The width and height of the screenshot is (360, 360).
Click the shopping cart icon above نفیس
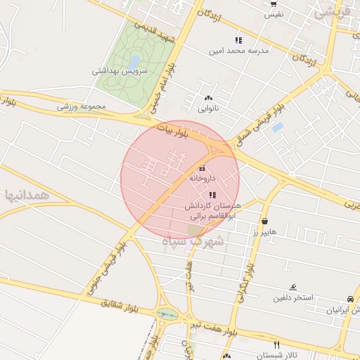(273, 4)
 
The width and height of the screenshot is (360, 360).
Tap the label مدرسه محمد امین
(238, 51)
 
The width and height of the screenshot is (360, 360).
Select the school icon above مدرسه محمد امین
(238, 40)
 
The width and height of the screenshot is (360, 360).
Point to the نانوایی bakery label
(207, 109)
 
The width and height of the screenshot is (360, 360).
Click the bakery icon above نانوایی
(207, 98)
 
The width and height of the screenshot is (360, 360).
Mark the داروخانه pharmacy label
(202, 179)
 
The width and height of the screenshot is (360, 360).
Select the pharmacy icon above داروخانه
(202, 168)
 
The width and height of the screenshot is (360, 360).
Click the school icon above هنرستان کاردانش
(212, 194)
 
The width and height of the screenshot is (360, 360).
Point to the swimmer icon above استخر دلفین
(293, 287)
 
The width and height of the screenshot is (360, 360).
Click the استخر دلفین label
(293, 298)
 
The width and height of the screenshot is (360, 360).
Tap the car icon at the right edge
(350, 299)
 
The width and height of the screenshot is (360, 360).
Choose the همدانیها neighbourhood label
(27, 194)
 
